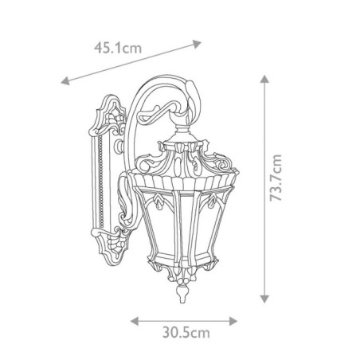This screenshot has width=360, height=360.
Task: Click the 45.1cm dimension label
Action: [x=117, y=48]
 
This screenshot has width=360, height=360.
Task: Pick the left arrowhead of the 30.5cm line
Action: [x=135, y=322]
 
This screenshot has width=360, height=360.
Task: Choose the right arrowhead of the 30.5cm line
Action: [x=235, y=322]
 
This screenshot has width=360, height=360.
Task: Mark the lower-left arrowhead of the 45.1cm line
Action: [x=65, y=81]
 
